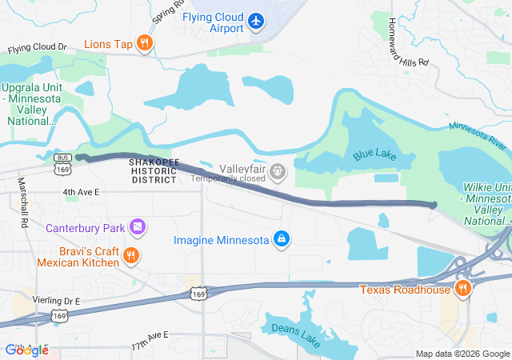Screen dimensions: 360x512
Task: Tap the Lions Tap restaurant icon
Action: pos(144,44)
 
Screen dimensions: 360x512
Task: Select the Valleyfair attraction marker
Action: pos(278,170)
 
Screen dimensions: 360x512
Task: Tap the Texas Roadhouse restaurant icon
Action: pos(462,289)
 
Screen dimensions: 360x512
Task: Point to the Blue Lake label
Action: pos(370,155)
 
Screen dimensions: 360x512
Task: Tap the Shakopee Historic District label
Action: pos(153,170)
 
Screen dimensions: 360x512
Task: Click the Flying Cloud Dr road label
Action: pos(38,48)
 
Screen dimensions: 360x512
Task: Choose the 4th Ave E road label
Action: pos(82,192)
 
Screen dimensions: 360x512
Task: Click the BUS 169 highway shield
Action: pos(62,165)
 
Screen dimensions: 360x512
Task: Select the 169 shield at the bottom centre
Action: pos(198,295)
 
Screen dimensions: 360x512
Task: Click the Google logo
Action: pos(26,350)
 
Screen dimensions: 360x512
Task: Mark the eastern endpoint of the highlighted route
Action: pos(433,206)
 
